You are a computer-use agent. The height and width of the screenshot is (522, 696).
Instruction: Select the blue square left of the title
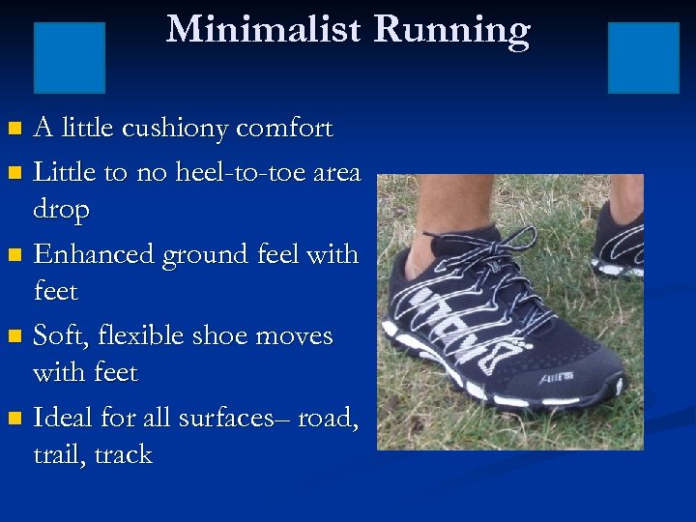pyautogui.click(x=70, y=57)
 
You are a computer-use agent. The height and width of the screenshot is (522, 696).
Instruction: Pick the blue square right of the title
pyautogui.click(x=643, y=57)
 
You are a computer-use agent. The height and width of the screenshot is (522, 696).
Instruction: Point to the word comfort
pyautogui.click(x=284, y=129)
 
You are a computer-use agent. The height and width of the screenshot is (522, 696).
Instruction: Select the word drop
pyautogui.click(x=61, y=210)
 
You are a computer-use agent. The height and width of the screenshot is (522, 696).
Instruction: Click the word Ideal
pyautogui.click(x=61, y=418)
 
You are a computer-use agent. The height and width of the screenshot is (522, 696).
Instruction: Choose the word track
pyautogui.click(x=121, y=454)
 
